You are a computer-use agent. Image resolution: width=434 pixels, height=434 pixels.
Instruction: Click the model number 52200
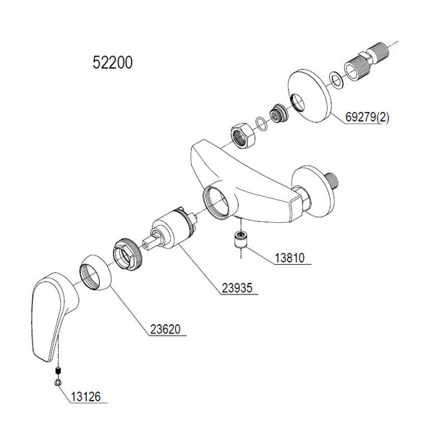click(113, 63)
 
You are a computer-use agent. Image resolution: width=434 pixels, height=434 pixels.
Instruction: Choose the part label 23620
click(166, 330)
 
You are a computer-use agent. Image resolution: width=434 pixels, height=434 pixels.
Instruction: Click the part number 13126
click(86, 396)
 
